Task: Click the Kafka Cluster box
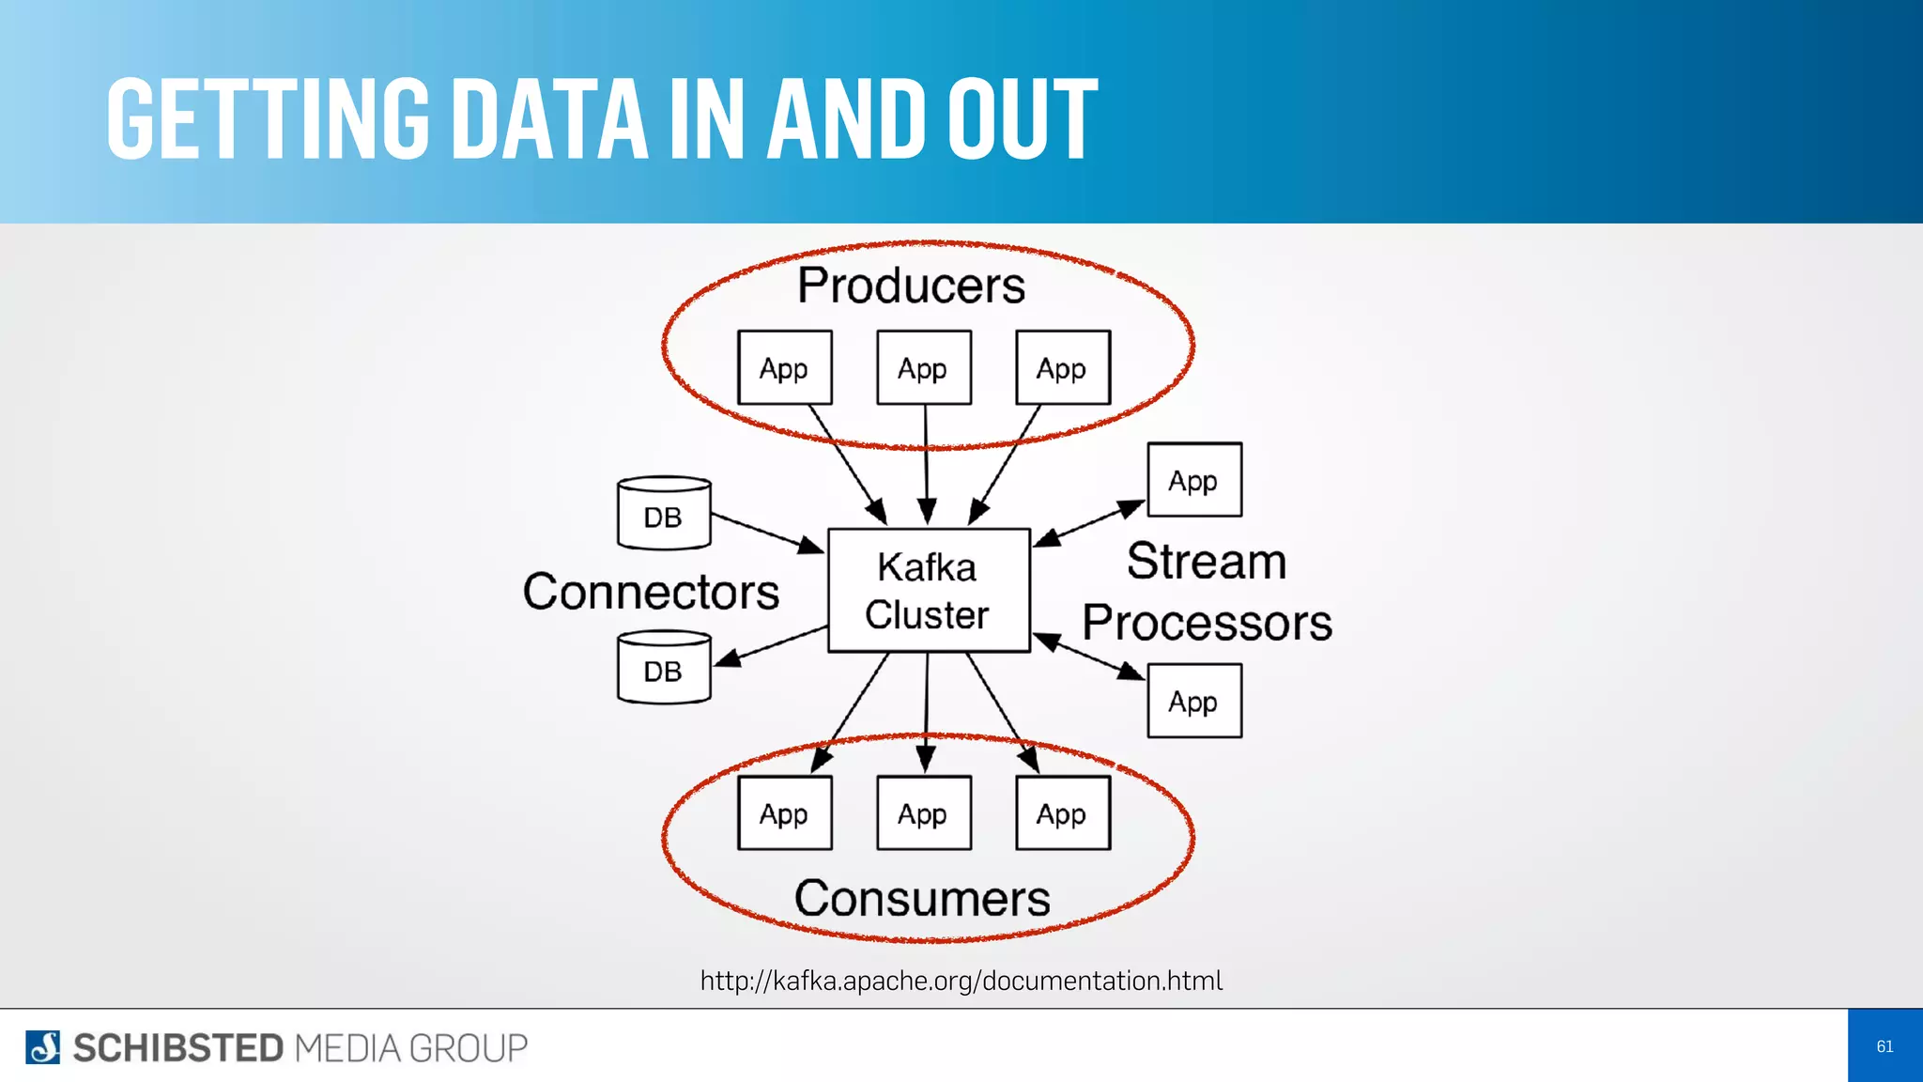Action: (928, 591)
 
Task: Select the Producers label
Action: (911, 286)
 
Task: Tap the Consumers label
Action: (922, 899)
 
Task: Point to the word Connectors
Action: (651, 592)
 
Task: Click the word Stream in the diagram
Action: (1207, 562)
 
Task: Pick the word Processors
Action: (1208, 623)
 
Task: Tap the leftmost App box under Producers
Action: (784, 368)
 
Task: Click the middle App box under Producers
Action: (923, 368)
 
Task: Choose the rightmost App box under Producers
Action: (1062, 368)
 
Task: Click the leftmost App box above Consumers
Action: (784, 813)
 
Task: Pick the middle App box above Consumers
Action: (923, 813)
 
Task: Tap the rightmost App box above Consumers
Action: (1062, 813)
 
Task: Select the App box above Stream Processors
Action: (1193, 480)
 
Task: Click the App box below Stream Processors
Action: (1193, 701)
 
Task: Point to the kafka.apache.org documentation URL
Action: (961, 981)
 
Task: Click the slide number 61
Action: (1885, 1046)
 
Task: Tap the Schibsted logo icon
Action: (42, 1047)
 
